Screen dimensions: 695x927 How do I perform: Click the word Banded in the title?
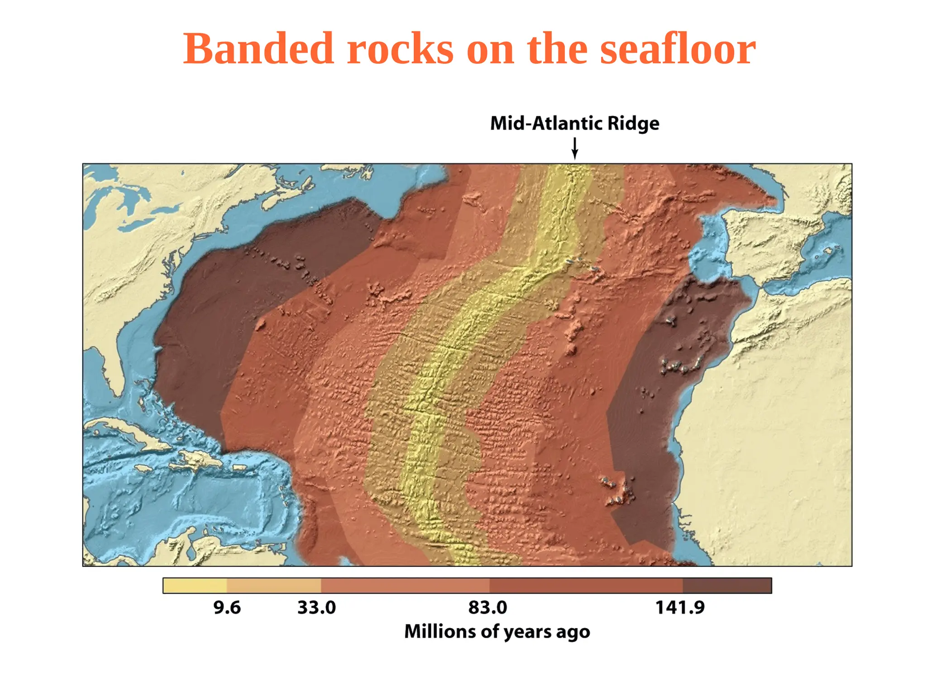coord(258,48)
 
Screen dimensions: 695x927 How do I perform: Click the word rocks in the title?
coord(400,48)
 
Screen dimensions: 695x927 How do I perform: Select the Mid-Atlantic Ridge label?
coord(574,123)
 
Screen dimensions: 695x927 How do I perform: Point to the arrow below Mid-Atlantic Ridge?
coord(574,148)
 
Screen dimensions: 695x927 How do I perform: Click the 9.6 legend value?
coord(227,608)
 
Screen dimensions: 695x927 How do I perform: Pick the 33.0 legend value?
coord(316,608)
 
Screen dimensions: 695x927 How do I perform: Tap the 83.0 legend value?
coord(487,608)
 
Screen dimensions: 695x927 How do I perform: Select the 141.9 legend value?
coord(680,608)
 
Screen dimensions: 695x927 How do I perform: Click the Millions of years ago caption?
coord(497,632)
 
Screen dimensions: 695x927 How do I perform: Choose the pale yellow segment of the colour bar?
coord(195,586)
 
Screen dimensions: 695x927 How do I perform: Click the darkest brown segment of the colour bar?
coord(726,586)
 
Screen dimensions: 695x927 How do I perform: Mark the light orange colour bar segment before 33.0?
coord(273,586)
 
